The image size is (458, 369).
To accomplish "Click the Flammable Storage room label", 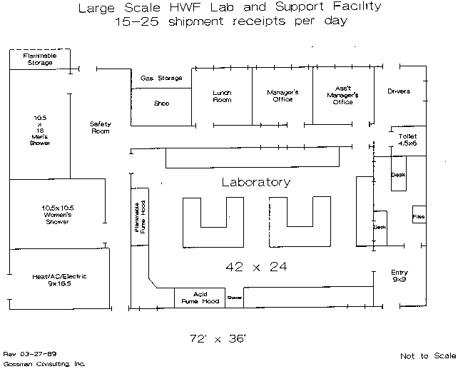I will coord(39,59).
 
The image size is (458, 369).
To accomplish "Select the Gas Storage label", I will coord(161,78).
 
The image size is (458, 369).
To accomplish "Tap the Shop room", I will coord(162,103).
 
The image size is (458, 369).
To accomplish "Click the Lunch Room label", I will coord(222,96).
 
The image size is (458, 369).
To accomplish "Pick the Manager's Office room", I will coord(283,96).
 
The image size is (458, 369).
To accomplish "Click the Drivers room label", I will coord(399,91).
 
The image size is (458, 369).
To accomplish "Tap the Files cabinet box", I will coord(419,216).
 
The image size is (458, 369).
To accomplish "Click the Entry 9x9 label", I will coord(400,276).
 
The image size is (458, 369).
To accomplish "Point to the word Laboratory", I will coord(255,182).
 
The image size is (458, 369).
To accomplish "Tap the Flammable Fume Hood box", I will coord(139,217).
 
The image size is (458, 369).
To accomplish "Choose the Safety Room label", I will coord(100,128).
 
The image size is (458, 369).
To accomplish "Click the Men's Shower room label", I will coord(40,129).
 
